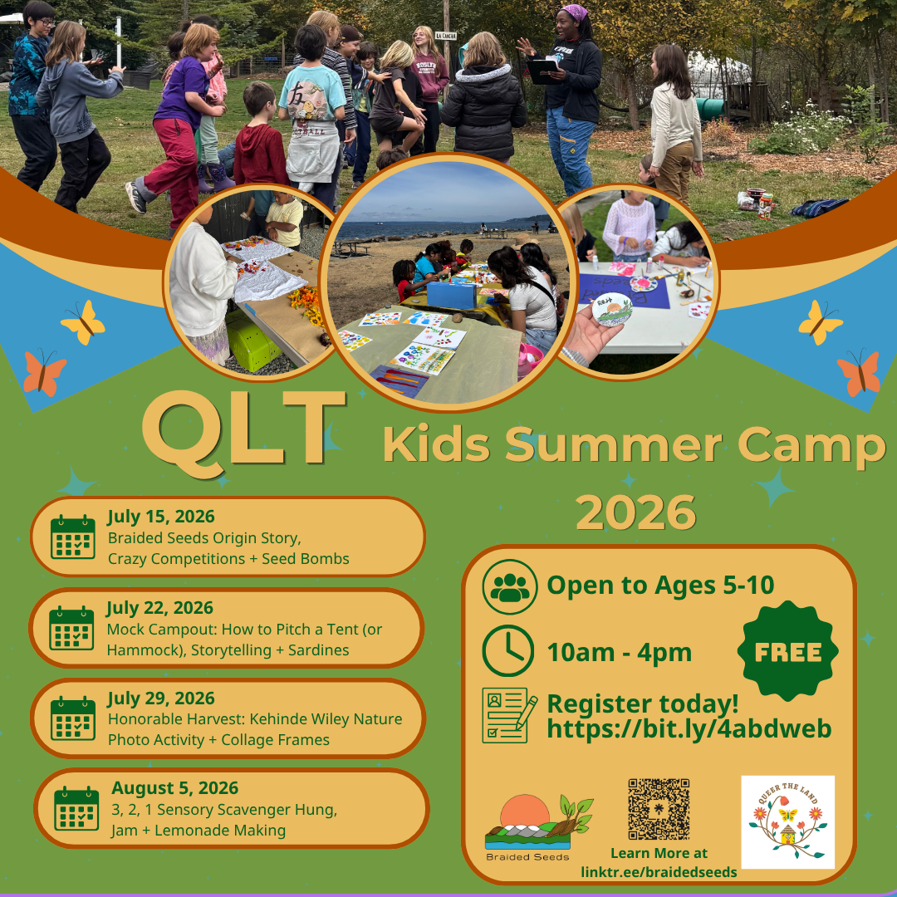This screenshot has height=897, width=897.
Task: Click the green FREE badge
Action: (x=787, y=651)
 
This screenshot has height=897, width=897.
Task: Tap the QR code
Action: (x=659, y=808)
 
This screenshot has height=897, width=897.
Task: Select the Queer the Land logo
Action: (x=787, y=822)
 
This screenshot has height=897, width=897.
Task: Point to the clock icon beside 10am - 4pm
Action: (x=508, y=650)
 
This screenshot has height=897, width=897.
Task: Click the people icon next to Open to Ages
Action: (x=510, y=586)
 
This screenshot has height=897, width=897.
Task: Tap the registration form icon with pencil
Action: (x=509, y=715)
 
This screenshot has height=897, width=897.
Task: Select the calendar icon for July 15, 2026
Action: (x=72, y=537)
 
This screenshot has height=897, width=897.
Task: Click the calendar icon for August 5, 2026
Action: (x=76, y=808)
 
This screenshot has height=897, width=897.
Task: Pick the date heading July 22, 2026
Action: (x=159, y=607)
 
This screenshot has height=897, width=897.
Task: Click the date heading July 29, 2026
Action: (x=161, y=698)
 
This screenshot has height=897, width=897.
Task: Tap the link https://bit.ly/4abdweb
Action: (x=689, y=728)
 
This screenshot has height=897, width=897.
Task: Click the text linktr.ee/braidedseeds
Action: (x=659, y=872)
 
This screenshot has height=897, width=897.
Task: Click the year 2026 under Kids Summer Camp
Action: (x=635, y=512)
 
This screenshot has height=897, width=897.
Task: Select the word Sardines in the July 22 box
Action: (x=318, y=649)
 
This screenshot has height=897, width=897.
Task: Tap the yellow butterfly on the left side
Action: (x=83, y=322)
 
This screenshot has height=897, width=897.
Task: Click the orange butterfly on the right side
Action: (x=858, y=372)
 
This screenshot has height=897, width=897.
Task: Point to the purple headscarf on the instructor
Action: (x=575, y=12)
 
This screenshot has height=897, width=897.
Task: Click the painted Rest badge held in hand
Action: (x=611, y=309)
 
